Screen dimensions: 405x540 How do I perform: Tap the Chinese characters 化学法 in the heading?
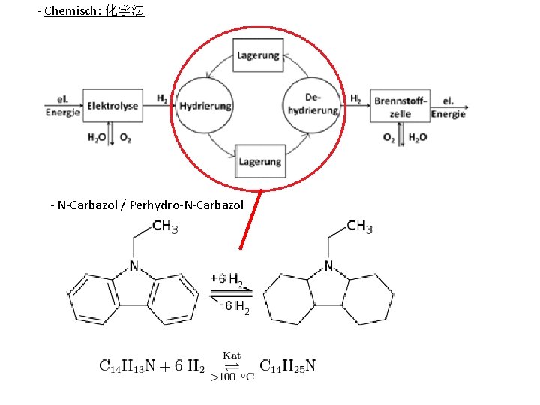coord(124,11)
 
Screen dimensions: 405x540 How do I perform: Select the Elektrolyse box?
coord(112,106)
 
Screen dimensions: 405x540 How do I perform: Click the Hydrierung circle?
coord(205,106)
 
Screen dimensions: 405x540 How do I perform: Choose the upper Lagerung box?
coord(259,55)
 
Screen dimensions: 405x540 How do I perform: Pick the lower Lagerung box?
coord(259,161)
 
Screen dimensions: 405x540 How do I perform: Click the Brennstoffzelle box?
coord(400,106)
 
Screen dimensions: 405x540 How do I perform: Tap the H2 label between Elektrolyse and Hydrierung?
coord(163,98)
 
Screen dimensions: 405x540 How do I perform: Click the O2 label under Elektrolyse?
coord(125,139)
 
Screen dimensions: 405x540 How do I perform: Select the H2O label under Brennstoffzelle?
coord(418,138)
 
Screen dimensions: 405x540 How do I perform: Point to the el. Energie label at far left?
coord(62,106)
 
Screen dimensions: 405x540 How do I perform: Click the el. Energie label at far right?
coord(448,107)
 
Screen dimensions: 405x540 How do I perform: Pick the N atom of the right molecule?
coord(328,265)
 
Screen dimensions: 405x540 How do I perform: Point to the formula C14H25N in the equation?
coord(289,367)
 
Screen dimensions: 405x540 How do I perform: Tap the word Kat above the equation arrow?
coord(232,354)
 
